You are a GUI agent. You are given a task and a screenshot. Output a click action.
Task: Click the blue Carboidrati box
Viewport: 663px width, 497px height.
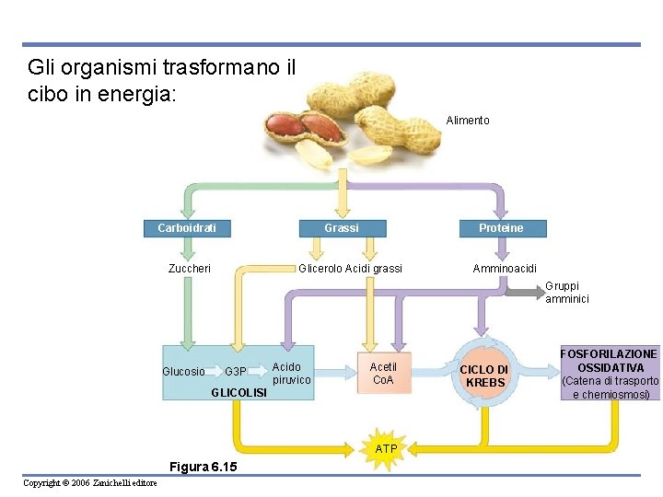pyautogui.click(x=187, y=228)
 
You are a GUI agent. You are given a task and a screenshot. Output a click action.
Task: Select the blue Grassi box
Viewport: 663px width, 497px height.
pyautogui.click(x=342, y=228)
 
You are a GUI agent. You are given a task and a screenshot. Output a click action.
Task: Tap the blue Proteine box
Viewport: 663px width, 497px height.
pyautogui.click(x=501, y=228)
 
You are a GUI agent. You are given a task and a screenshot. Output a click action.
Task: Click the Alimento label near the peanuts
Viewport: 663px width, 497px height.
pyautogui.click(x=468, y=121)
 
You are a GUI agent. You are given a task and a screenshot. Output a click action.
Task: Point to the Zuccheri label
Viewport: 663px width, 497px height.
pyautogui.click(x=190, y=269)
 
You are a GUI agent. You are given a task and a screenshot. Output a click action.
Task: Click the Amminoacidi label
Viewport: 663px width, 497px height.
pyautogui.click(x=505, y=269)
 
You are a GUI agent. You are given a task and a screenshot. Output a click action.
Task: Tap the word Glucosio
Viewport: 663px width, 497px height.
pyautogui.click(x=183, y=372)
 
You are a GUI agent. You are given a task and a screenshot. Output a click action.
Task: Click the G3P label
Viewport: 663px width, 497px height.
pyautogui.click(x=236, y=372)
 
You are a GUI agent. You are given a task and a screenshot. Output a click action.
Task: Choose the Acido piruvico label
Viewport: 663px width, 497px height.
pyautogui.click(x=292, y=373)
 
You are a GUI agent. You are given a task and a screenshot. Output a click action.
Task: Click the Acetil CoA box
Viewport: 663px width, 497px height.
pyautogui.click(x=383, y=373)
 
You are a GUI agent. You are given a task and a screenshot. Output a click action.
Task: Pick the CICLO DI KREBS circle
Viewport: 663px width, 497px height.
pyautogui.click(x=484, y=375)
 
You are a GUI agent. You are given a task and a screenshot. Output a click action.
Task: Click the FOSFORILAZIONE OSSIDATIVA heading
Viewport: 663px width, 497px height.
pyautogui.click(x=609, y=361)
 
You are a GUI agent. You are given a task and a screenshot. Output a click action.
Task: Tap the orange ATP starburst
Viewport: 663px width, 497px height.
pyautogui.click(x=387, y=448)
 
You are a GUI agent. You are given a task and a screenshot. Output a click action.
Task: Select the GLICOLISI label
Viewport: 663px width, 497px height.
pyautogui.click(x=238, y=393)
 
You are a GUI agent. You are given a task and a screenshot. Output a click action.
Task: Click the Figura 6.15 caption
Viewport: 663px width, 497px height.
pyautogui.click(x=204, y=467)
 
